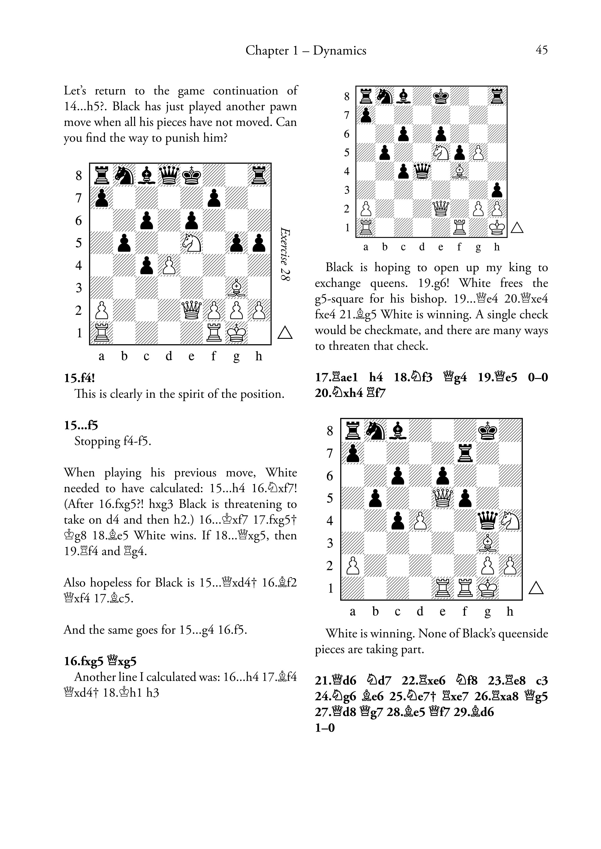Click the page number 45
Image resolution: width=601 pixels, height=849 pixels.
point(541,50)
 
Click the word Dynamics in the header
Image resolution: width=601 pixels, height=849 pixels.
point(339,50)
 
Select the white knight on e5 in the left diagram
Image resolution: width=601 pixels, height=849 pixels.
point(192,243)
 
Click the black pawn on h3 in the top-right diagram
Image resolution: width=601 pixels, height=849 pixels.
point(497,190)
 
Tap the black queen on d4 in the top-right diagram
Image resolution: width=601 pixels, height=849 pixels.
point(422,171)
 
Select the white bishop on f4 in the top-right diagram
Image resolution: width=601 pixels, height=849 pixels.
point(459,171)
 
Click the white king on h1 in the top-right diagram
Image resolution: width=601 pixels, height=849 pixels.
point(497,227)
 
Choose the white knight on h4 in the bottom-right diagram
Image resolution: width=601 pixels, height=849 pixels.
point(510,521)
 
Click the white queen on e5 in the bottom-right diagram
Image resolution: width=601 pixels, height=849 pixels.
point(443,498)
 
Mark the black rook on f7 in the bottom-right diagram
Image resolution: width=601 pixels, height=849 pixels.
point(465,453)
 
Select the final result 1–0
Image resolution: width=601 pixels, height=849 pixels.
point(325,728)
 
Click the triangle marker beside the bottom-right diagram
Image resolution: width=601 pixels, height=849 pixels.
point(536,588)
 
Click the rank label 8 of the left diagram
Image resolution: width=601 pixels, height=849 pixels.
point(78,175)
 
